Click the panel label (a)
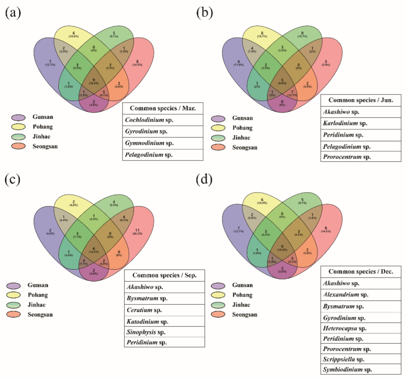(x=13, y=13)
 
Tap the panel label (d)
(x=204, y=180)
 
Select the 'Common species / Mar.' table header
(x=163, y=108)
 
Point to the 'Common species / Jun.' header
(x=360, y=100)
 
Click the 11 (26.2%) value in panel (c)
(x=137, y=232)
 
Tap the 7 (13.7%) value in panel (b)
(x=292, y=93)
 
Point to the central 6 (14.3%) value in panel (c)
(x=94, y=250)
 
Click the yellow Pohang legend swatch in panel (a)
(x=19, y=127)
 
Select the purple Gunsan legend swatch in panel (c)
(x=14, y=285)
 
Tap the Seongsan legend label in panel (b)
(x=245, y=148)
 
